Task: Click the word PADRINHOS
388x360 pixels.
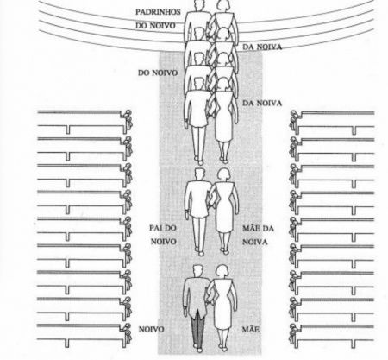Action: click(x=158, y=12)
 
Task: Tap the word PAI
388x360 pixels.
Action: click(x=155, y=228)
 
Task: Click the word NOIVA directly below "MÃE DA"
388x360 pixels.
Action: click(x=255, y=242)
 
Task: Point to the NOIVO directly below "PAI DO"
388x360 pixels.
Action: click(x=164, y=242)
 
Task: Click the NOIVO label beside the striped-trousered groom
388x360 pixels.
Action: click(x=151, y=329)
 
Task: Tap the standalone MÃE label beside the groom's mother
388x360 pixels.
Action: click(x=251, y=329)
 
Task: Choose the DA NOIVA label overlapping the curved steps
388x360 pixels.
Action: click(x=262, y=47)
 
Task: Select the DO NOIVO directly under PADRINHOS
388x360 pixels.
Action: click(x=155, y=26)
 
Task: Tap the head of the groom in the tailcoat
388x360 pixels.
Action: click(x=197, y=271)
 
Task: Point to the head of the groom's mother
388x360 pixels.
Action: click(x=222, y=271)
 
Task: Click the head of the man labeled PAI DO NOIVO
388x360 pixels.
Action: click(x=199, y=174)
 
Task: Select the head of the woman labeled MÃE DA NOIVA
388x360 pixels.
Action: click(x=223, y=174)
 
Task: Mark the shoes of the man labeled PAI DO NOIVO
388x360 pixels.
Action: click(x=199, y=251)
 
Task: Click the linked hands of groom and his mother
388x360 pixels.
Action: click(x=209, y=302)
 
